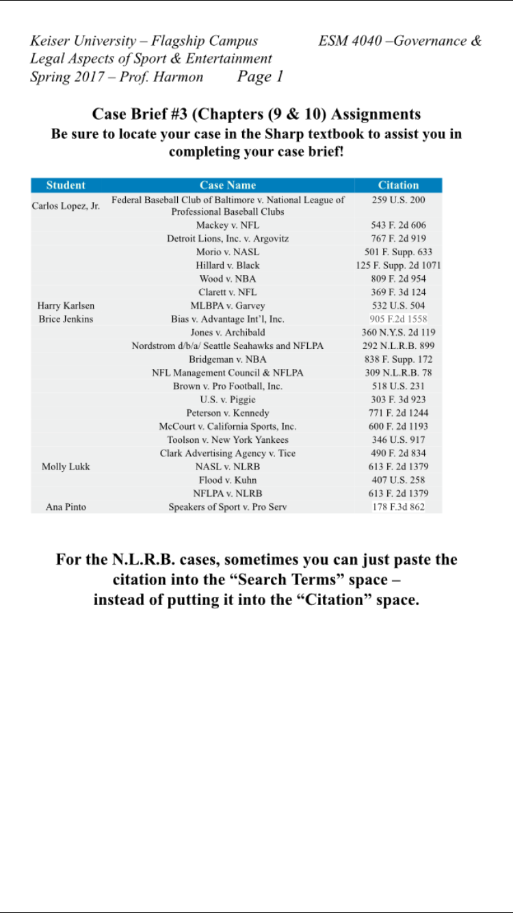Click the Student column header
[66, 185]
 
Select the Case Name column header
[228, 185]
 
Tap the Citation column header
[398, 185]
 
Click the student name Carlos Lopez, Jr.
[66, 205]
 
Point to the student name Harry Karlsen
[66, 306]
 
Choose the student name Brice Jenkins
[66, 319]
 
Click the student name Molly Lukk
[66, 467]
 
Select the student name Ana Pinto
[66, 507]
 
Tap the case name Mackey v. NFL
[228, 225]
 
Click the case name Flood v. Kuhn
[228, 480]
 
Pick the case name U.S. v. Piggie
[228, 400]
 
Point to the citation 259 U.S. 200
[398, 200]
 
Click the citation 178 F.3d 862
[398, 507]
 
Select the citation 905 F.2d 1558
[398, 319]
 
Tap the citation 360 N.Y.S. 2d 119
[398, 333]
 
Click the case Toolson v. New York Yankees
[228, 440]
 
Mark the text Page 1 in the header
[260, 77]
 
